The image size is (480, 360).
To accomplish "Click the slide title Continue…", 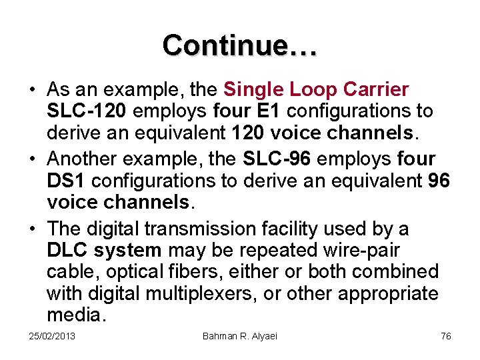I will (x=239, y=45).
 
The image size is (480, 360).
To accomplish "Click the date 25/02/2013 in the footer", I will (x=53, y=336).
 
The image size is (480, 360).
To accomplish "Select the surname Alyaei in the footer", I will (x=261, y=336).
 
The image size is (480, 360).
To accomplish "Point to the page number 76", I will (x=446, y=336).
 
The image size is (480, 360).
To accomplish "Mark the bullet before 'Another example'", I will (x=32, y=159).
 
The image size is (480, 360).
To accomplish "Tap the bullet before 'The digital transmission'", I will (x=32, y=229).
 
